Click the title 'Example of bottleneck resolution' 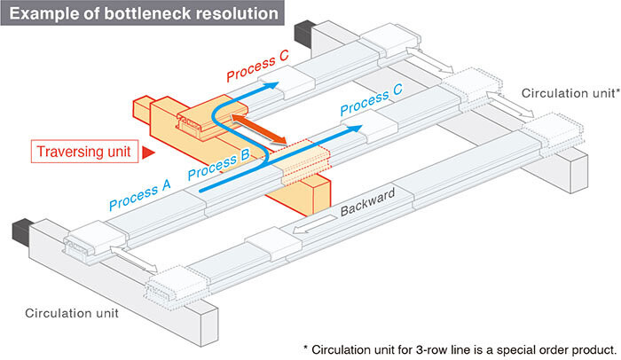pos(144,14)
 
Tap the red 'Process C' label pos(257,66)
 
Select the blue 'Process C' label pos(371,99)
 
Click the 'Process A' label pos(140,194)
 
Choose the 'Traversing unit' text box pos(84,152)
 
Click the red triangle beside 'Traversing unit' pos(148,153)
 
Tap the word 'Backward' pos(368,202)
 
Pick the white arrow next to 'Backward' pos(315,224)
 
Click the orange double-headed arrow pos(259,129)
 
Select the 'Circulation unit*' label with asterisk pos(570,93)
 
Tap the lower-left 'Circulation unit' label pos(72,313)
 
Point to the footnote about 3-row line pos(460,349)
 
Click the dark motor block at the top pos(304,34)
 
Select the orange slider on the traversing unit pos(213,118)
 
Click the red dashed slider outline pos(305,161)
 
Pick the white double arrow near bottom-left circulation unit pos(134,260)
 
